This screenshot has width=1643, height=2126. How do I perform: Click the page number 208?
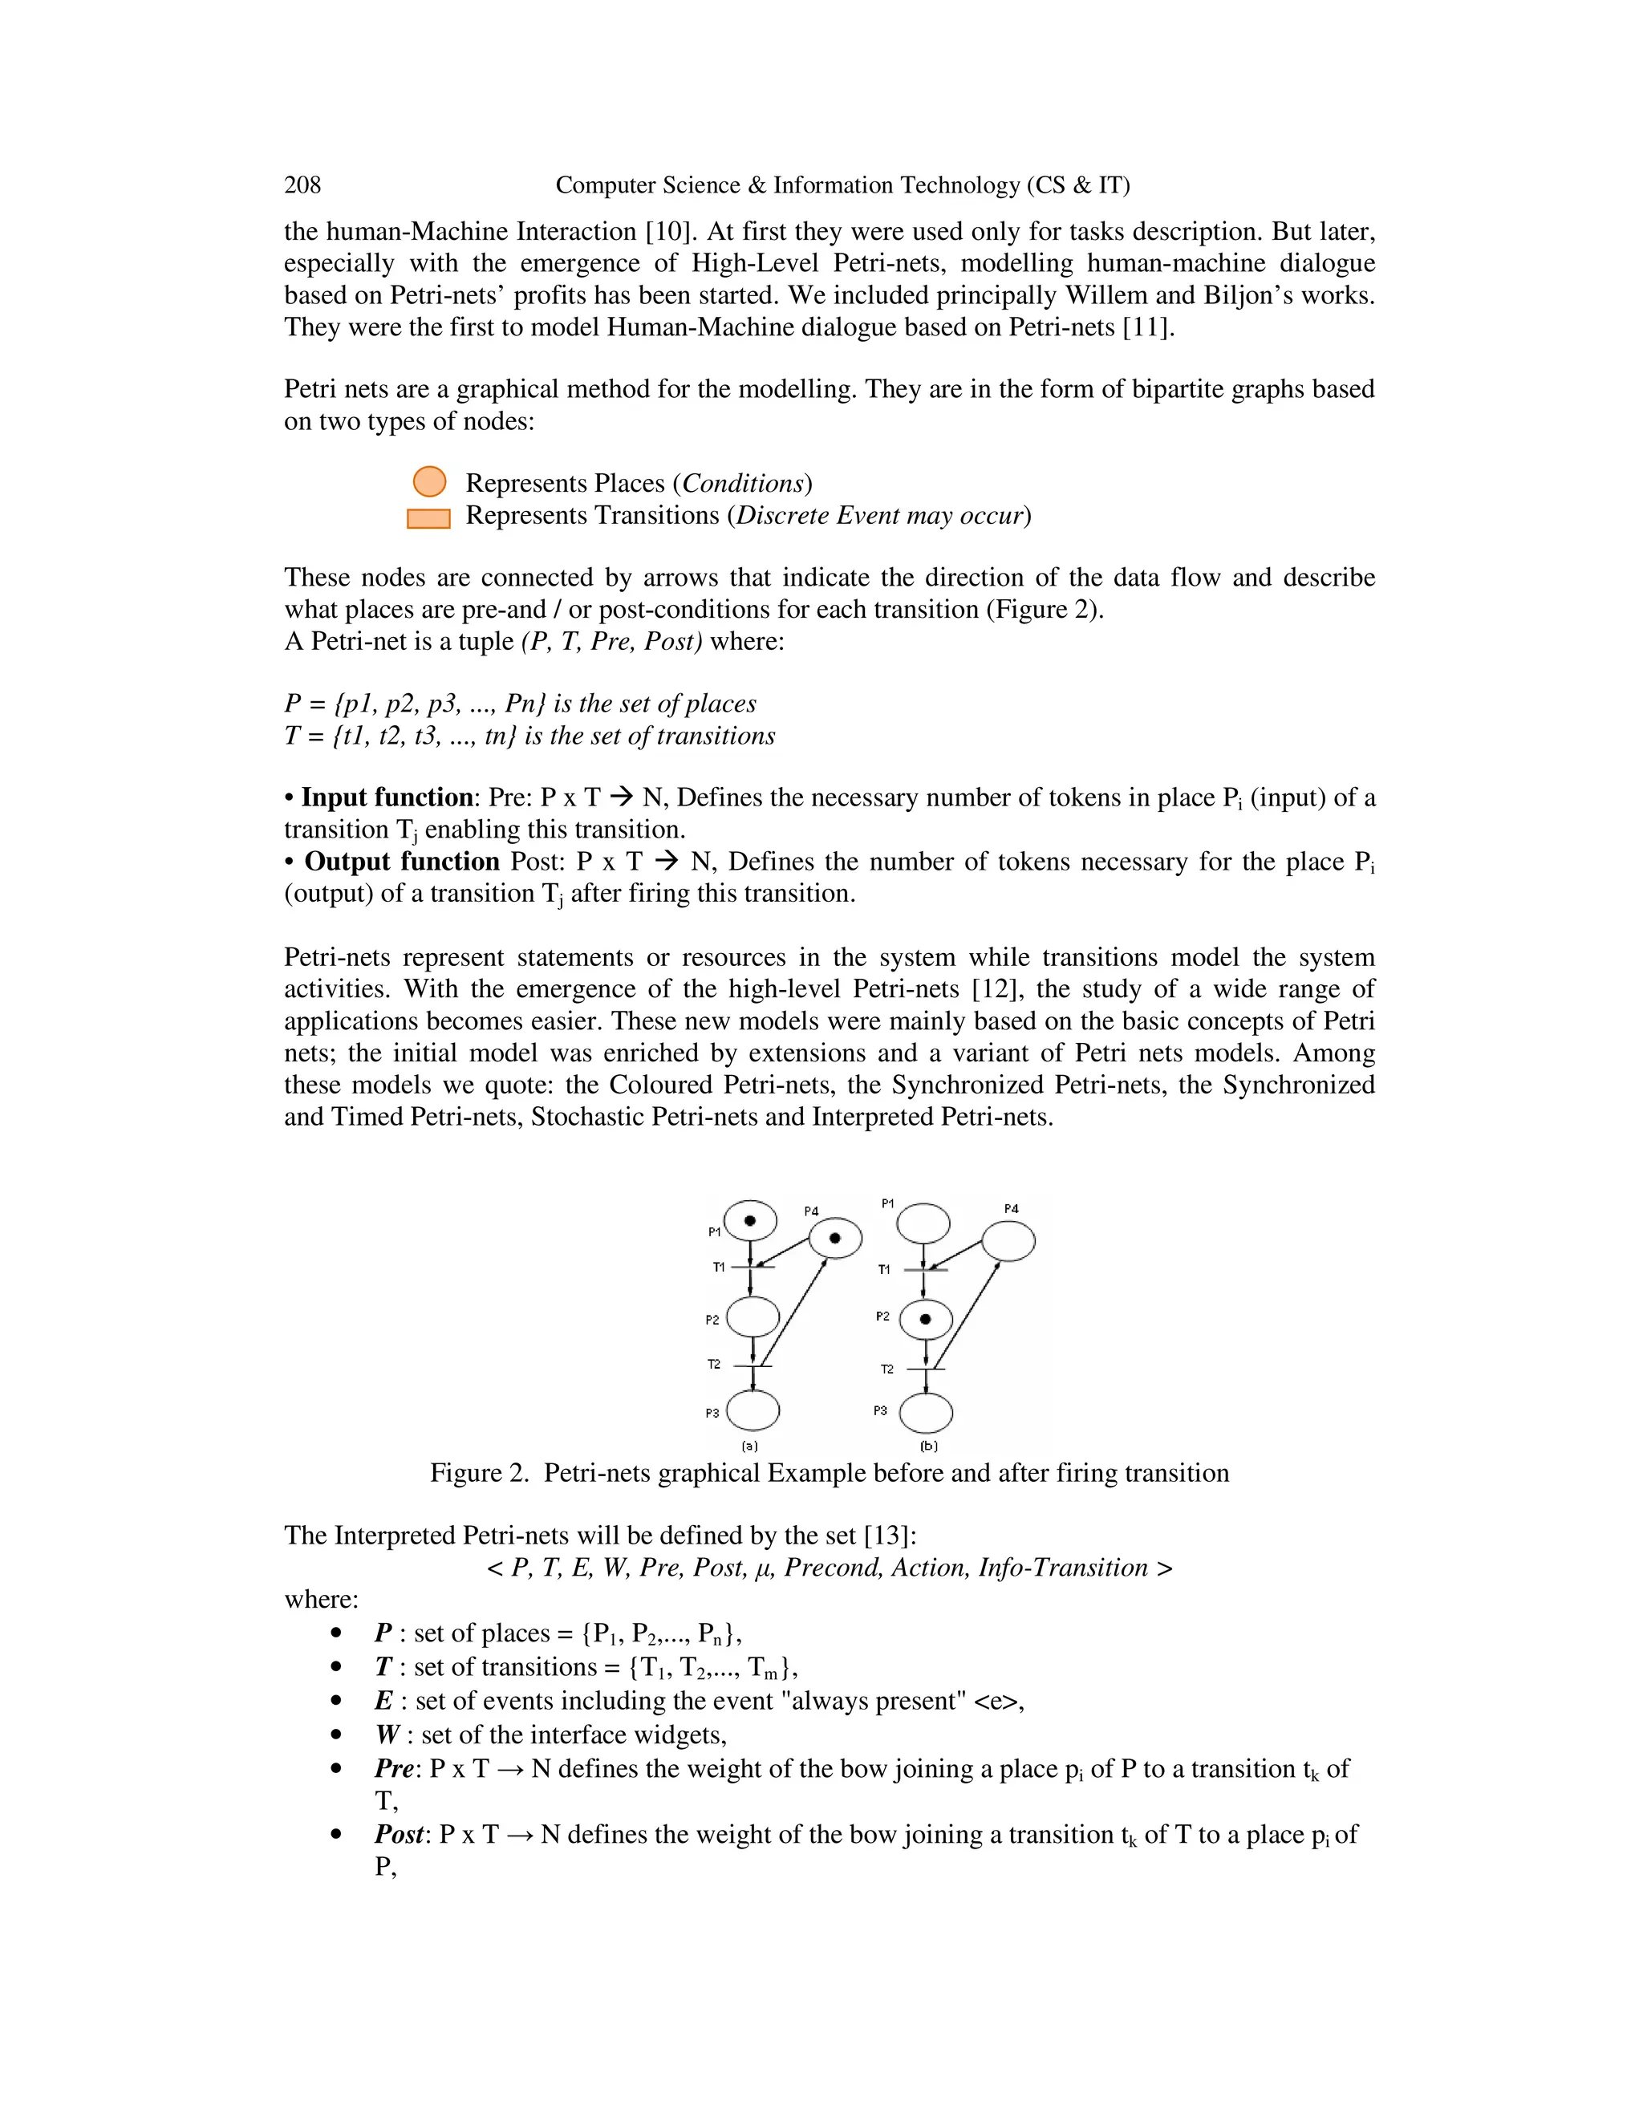coord(302,185)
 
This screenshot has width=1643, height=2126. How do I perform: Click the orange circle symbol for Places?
coord(429,482)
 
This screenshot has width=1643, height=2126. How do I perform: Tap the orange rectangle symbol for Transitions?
coord(428,519)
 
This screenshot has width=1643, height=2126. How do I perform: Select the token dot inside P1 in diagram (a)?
coord(749,1221)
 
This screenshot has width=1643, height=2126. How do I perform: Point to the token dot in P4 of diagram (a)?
coord(835,1238)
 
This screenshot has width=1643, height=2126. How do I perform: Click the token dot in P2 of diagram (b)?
coord(925,1320)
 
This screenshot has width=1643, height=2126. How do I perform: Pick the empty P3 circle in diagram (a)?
coord(753,1410)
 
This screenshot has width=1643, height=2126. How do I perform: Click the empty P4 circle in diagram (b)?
coord(1008,1242)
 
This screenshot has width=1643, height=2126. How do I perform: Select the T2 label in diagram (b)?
coord(886,1369)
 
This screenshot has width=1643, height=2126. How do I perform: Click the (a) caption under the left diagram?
coord(749,1446)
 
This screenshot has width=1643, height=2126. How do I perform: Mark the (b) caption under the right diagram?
coord(928,1446)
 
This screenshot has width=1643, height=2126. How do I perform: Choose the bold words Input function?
coord(387,797)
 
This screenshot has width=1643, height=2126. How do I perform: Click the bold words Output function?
coord(402,862)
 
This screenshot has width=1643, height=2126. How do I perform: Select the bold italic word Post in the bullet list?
coord(399,1835)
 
